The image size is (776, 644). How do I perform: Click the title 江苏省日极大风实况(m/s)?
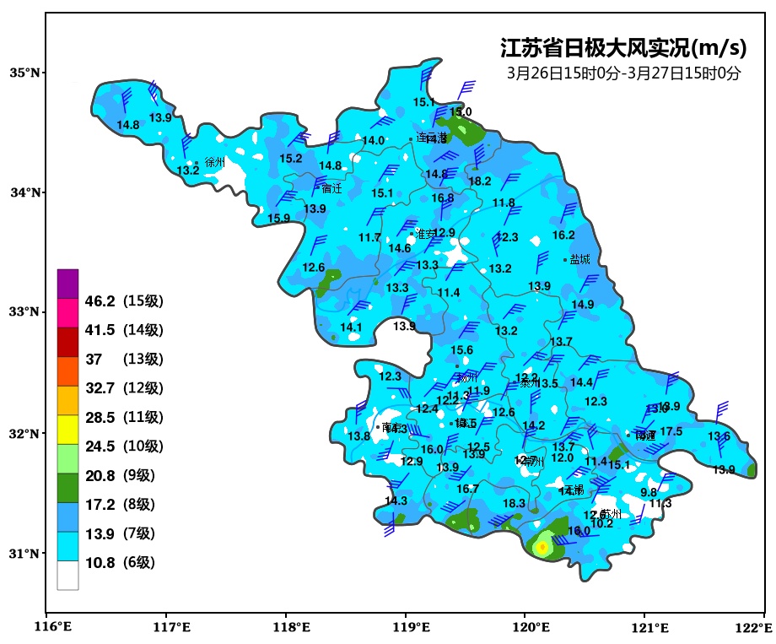(x=623, y=48)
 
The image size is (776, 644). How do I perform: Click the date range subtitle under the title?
(x=623, y=73)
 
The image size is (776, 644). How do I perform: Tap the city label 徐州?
(x=215, y=162)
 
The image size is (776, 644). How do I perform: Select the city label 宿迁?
(x=331, y=188)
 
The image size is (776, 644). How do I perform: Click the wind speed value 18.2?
(x=480, y=181)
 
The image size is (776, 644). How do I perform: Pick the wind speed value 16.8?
(x=443, y=198)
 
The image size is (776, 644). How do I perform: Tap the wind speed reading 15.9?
(x=278, y=218)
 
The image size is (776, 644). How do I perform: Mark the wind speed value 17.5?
(x=671, y=431)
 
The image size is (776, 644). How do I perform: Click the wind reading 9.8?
(x=649, y=492)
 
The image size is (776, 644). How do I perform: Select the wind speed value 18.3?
(x=514, y=503)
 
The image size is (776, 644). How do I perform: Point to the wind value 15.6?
(x=461, y=350)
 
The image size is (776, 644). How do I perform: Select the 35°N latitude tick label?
(x=24, y=73)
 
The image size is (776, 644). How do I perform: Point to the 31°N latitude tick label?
(x=24, y=554)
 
